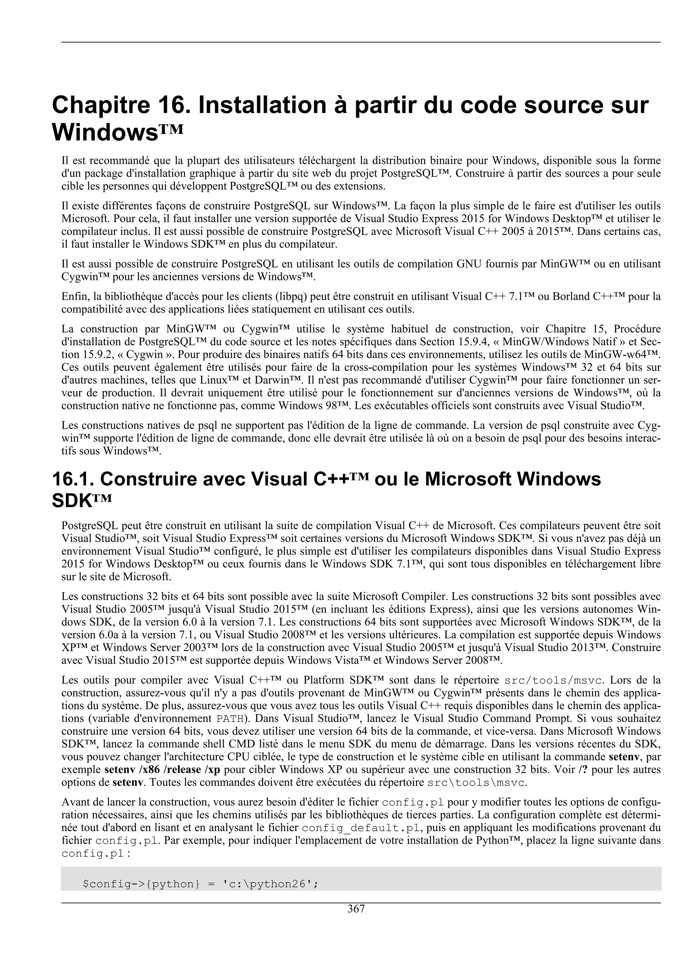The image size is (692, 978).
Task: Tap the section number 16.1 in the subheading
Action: (x=71, y=479)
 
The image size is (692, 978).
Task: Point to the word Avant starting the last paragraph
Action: (x=75, y=802)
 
